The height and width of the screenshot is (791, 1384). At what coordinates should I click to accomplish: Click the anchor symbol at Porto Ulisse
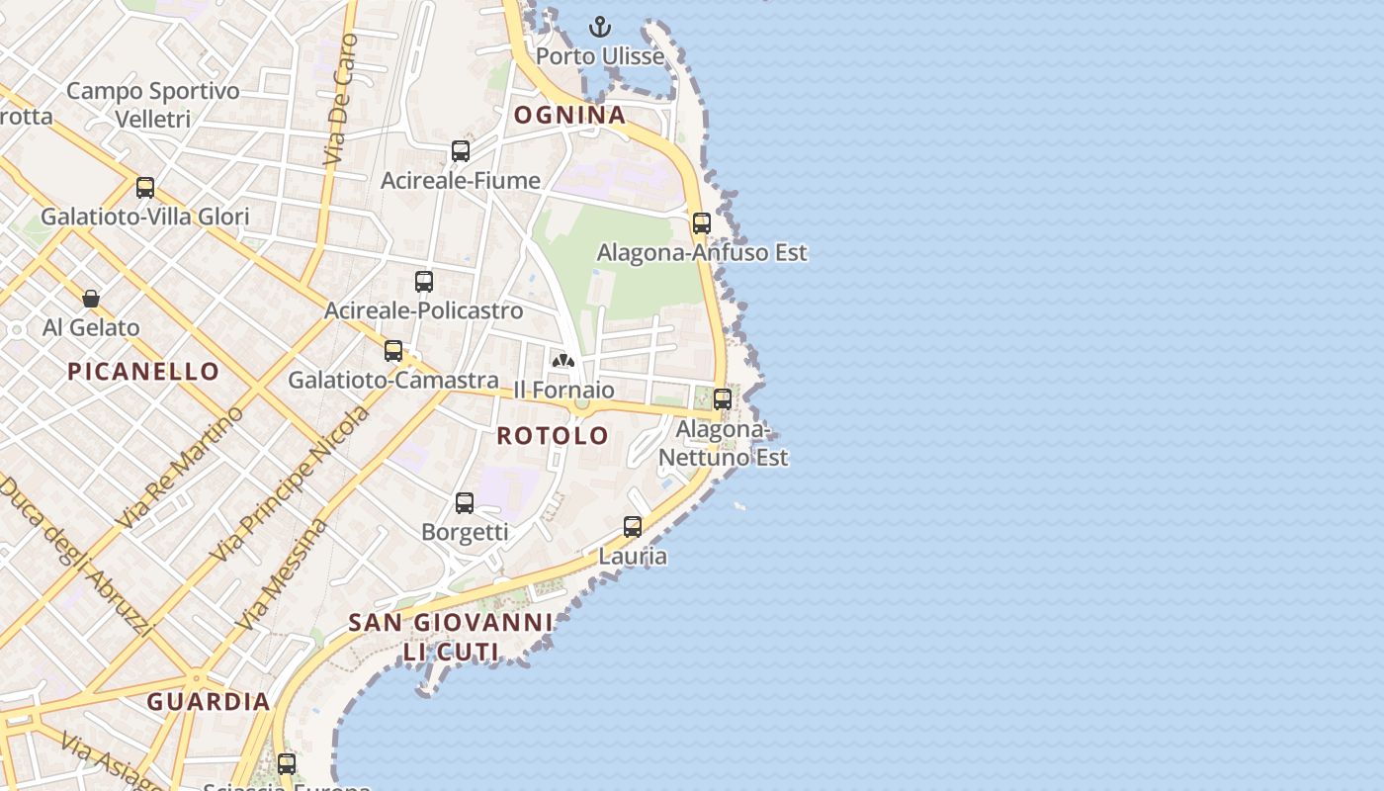click(600, 27)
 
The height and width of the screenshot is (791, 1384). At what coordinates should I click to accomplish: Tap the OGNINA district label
click(570, 115)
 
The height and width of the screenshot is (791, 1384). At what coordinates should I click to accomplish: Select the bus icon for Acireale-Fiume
click(461, 151)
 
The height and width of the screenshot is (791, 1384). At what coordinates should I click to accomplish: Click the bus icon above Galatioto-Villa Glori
click(145, 188)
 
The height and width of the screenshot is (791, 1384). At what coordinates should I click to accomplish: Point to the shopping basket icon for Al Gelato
click(91, 299)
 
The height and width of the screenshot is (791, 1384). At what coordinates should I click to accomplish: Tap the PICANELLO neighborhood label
click(143, 372)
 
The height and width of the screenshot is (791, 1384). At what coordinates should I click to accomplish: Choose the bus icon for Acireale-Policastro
click(424, 282)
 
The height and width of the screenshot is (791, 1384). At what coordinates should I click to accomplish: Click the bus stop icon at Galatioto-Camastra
click(393, 351)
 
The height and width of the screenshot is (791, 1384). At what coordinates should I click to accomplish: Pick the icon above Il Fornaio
click(563, 361)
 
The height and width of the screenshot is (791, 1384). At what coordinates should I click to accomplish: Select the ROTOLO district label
click(553, 436)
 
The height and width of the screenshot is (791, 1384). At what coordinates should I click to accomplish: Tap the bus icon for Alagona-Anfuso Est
click(702, 223)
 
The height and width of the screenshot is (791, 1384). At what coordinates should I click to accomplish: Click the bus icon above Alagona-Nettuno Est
click(723, 399)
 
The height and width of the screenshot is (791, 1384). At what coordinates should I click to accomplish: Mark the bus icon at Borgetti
click(465, 503)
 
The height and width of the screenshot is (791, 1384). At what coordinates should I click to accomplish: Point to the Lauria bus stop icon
click(633, 527)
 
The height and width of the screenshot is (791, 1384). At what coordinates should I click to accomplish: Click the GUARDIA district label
click(209, 702)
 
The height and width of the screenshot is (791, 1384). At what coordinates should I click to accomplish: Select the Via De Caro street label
click(339, 99)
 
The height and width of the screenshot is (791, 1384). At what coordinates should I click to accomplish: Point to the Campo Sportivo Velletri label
click(152, 105)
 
